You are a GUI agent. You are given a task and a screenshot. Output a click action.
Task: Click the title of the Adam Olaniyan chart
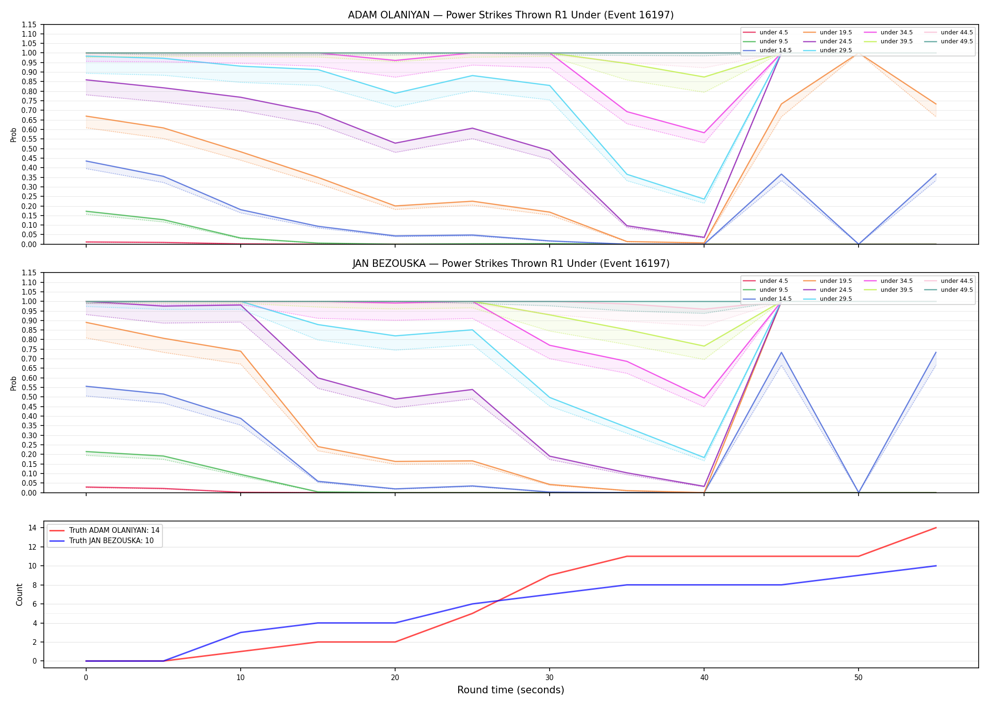tap(511, 15)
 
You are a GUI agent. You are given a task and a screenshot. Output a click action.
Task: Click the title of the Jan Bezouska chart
tap(511, 264)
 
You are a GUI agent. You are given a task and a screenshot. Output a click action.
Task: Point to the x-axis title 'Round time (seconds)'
tap(511, 690)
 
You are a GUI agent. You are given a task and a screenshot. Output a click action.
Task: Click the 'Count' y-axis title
tap(19, 594)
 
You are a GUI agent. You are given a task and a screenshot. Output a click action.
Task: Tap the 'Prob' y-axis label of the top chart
tap(14, 135)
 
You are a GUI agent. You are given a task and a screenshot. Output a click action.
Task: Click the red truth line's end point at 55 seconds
tap(936, 528)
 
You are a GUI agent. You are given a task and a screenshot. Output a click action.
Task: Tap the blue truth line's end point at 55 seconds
tap(936, 566)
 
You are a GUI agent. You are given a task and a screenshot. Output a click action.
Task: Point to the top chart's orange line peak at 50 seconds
tap(859, 53)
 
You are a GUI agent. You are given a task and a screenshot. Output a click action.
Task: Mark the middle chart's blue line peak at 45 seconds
tap(781, 353)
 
